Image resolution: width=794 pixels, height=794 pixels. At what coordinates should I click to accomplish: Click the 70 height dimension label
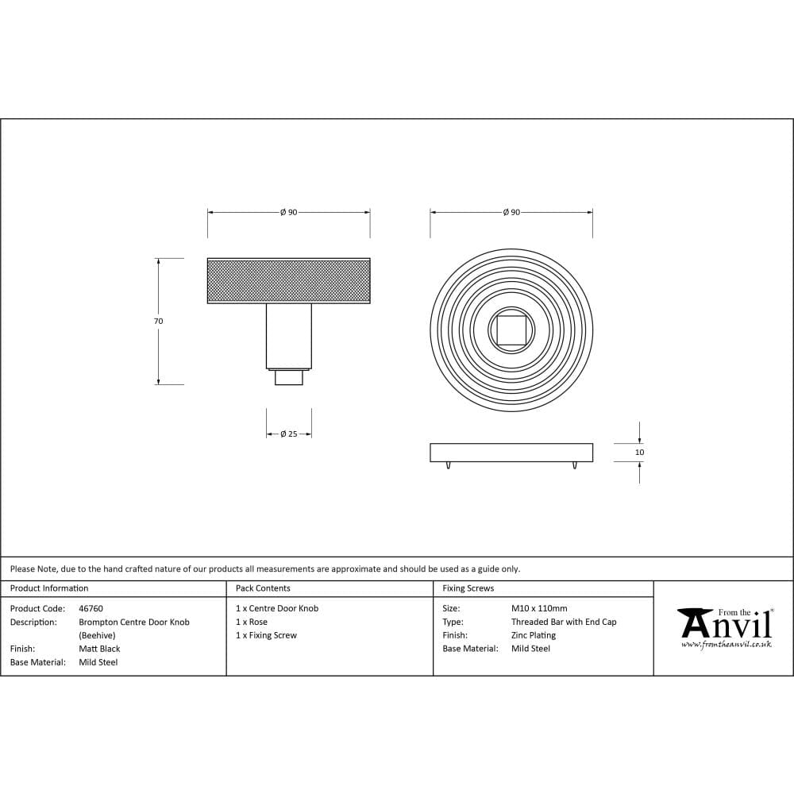pyautogui.click(x=158, y=322)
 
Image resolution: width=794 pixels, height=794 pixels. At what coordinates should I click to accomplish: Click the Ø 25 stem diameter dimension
pyautogui.click(x=288, y=434)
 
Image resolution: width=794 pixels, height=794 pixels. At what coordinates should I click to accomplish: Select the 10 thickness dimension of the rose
pyautogui.click(x=640, y=453)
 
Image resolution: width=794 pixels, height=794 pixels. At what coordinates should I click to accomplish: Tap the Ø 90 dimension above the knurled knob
pyautogui.click(x=288, y=213)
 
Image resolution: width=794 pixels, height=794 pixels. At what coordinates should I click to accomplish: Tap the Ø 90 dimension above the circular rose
pyautogui.click(x=511, y=213)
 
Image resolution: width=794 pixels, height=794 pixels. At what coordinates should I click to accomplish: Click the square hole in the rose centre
pyautogui.click(x=511, y=330)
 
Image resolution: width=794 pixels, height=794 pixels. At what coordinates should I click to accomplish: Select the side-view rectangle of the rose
pyautogui.click(x=511, y=453)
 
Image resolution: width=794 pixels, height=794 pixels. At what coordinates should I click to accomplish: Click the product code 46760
pyautogui.click(x=91, y=608)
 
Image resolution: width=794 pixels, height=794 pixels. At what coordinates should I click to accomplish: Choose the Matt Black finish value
pyautogui.click(x=99, y=649)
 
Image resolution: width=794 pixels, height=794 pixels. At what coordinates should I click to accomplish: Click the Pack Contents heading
pyautogui.click(x=263, y=588)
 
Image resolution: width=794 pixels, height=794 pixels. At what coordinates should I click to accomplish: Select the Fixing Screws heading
pyautogui.click(x=468, y=588)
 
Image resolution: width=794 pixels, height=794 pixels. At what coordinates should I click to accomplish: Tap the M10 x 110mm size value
pyautogui.click(x=539, y=608)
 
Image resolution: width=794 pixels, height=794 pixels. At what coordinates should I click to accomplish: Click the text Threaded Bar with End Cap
pyautogui.click(x=564, y=622)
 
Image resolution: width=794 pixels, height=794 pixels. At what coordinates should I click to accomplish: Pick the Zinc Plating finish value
pyautogui.click(x=534, y=635)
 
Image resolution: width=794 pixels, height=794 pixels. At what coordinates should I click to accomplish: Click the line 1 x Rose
pyautogui.click(x=252, y=622)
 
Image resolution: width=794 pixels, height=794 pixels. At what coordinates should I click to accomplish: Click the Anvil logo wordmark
pyautogui.click(x=726, y=624)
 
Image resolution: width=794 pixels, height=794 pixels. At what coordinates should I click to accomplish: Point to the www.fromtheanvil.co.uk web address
pyautogui.click(x=726, y=645)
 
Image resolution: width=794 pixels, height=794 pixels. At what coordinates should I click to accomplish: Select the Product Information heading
pyautogui.click(x=49, y=588)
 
